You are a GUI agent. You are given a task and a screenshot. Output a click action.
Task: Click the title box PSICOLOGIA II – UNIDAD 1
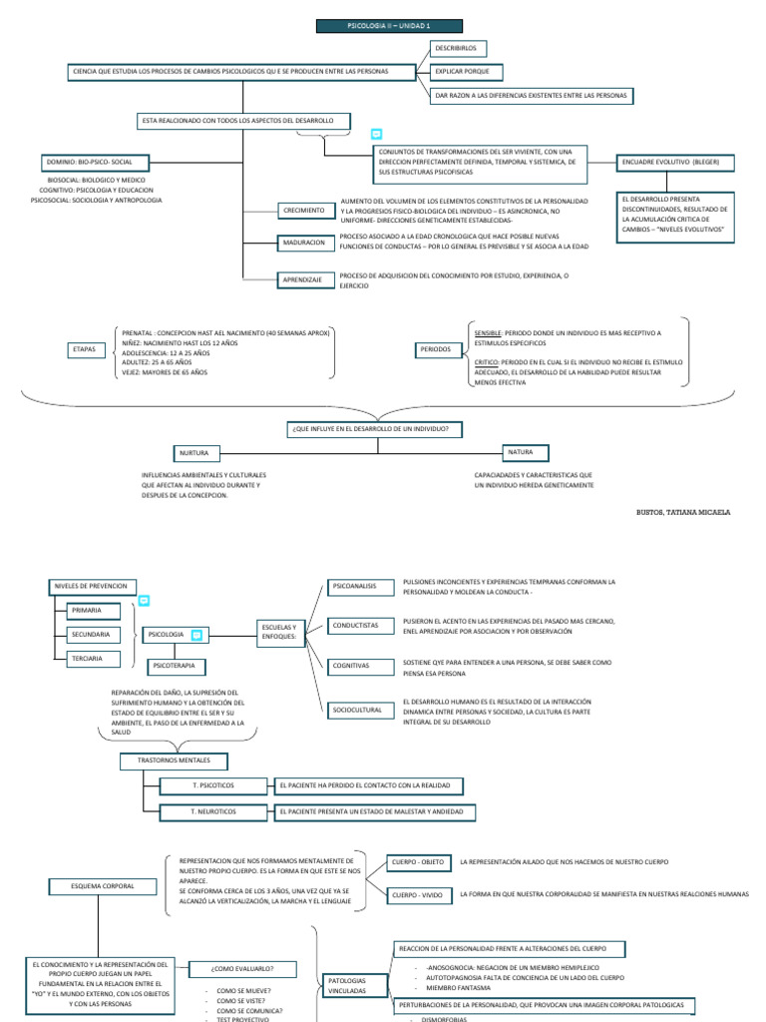tap(376, 26)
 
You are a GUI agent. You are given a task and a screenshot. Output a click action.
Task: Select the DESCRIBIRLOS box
tap(456, 48)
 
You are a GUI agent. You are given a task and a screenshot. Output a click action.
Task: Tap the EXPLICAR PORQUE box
tap(466, 72)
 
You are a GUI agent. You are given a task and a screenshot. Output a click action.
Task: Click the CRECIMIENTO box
tap(304, 211)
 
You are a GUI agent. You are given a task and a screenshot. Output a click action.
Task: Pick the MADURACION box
tap(304, 243)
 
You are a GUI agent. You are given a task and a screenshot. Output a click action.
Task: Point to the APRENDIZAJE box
tap(304, 280)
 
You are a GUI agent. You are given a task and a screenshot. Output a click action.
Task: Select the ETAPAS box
tap(86, 350)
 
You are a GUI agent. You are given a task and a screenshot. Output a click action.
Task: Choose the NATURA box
tap(528, 452)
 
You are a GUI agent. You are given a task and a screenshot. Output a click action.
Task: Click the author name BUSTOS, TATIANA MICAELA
tap(683, 512)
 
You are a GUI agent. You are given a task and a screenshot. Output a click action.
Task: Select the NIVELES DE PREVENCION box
tap(89, 586)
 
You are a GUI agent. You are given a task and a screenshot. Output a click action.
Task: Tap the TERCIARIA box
tap(91, 659)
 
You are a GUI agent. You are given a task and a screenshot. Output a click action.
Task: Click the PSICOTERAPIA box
tap(179, 665)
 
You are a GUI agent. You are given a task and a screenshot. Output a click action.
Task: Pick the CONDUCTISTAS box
tap(357, 626)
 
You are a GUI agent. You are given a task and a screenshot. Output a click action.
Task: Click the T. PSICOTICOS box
tap(212, 786)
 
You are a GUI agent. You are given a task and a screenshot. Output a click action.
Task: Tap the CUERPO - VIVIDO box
tap(418, 896)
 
